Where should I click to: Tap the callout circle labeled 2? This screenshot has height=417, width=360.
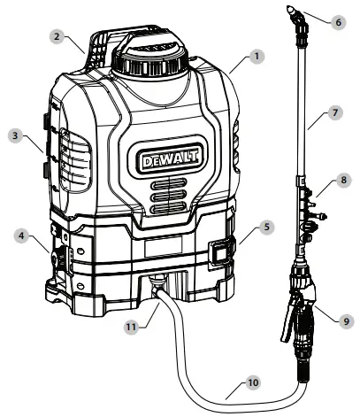click(55, 36)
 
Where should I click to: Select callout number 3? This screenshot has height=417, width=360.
click(15, 137)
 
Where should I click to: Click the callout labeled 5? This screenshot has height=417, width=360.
click(268, 226)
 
